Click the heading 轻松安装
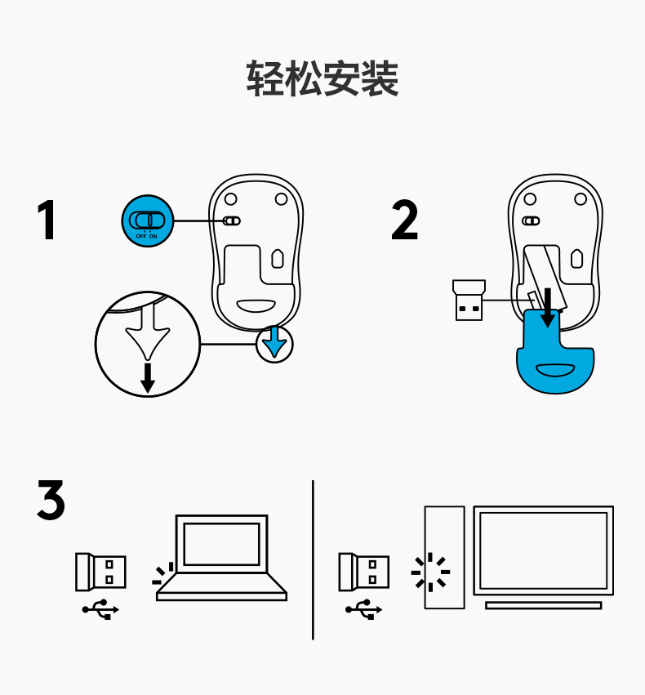pyautogui.click(x=322, y=79)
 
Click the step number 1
pyautogui.click(x=48, y=220)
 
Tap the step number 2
pyautogui.click(x=405, y=220)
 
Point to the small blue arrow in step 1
pyautogui.click(x=276, y=342)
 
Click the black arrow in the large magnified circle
pyautogui.click(x=147, y=378)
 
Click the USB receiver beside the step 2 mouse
pyautogui.click(x=468, y=301)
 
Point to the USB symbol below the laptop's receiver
pyautogui.click(x=101, y=609)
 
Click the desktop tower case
pyautogui.click(x=444, y=557)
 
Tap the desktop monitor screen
pyautogui.click(x=543, y=551)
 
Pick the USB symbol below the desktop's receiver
pyautogui.click(x=364, y=609)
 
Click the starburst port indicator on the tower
pyautogui.click(x=430, y=572)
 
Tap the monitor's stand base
pyautogui.click(x=543, y=605)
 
